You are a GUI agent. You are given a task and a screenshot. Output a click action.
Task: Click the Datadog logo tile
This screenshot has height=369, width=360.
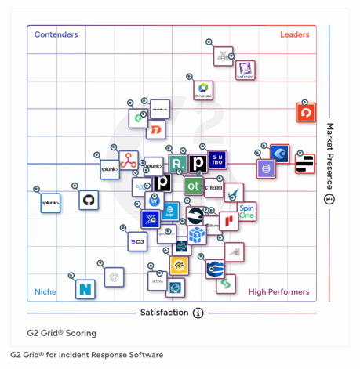[246, 70]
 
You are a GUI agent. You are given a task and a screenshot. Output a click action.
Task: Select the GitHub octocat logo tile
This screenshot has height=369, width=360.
[89, 201]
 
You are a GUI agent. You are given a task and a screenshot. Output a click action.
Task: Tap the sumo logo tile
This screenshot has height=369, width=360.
[217, 160]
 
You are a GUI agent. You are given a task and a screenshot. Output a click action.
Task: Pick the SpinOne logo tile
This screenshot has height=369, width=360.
[247, 212]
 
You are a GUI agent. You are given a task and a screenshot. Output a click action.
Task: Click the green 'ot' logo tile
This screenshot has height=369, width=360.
[192, 186]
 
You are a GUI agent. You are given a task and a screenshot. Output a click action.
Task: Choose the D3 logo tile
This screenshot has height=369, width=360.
[137, 242]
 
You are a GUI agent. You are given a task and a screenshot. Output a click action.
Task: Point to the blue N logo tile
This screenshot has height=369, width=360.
[85, 289]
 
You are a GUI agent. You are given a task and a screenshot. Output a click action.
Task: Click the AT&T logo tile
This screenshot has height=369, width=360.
[172, 210]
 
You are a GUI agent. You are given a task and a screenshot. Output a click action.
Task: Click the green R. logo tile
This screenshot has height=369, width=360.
[178, 164]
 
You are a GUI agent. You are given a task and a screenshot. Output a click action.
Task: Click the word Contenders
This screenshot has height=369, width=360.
[56, 34]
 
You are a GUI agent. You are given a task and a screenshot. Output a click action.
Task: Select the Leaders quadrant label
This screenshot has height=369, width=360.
[294, 34]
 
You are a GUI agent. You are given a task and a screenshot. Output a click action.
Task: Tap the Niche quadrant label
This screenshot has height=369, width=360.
[45, 292]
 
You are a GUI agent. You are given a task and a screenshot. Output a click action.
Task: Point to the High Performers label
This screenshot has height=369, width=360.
[278, 292]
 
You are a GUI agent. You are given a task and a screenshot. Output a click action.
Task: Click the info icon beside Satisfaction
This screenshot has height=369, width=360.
[198, 313]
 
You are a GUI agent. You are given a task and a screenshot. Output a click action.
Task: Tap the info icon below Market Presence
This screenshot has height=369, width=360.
[329, 199]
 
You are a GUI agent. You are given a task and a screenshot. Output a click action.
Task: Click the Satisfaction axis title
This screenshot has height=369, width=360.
[164, 313]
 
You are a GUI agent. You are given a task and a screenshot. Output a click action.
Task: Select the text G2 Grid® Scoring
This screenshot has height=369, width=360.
[53, 333]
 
